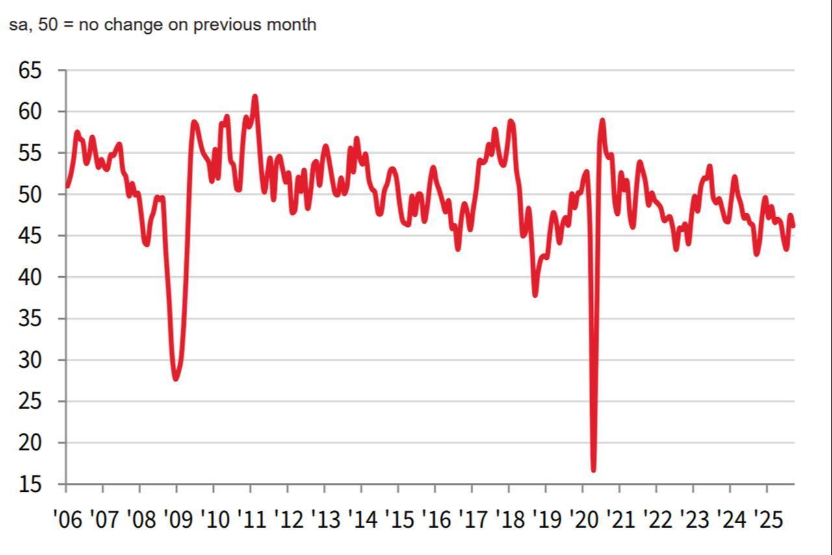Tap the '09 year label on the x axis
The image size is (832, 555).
tap(177, 519)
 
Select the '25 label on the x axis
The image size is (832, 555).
tap(768, 519)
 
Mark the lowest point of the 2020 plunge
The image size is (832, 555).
tap(593, 470)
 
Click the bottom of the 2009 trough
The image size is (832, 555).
tap(175, 379)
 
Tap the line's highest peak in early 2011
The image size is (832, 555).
tap(255, 97)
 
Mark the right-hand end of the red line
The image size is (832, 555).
tap(794, 226)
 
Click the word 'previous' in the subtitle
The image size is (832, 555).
tap(224, 25)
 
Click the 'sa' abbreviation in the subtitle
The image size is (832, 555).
tap(17, 25)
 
